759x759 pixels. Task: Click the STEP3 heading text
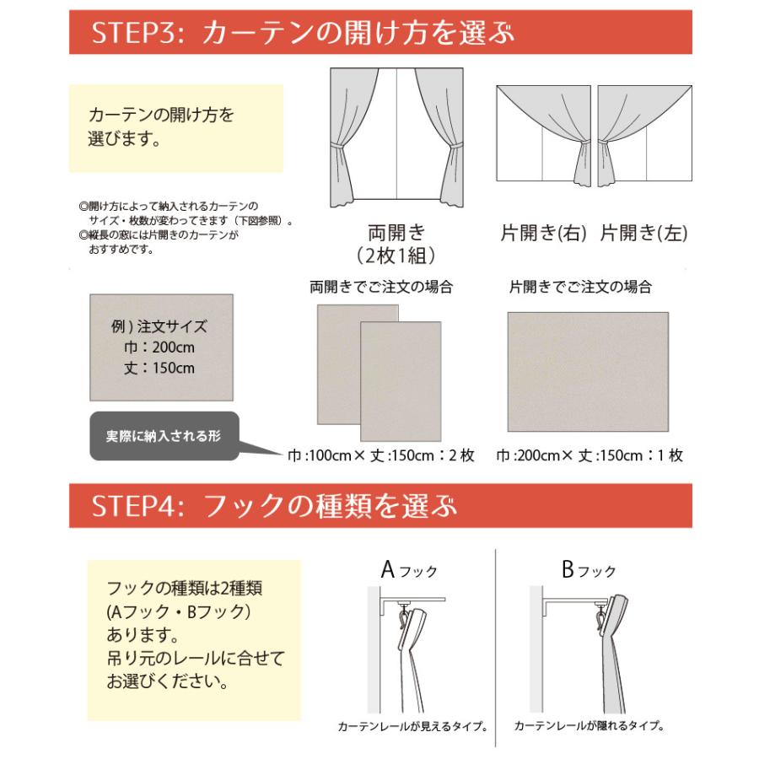(304, 34)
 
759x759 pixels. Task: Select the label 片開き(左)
(643, 234)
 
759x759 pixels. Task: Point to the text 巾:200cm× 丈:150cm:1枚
(589, 455)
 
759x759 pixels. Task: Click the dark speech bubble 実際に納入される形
(164, 437)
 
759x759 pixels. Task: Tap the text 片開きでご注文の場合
(580, 287)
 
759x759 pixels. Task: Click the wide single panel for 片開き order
(588, 371)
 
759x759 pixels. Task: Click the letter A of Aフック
(389, 570)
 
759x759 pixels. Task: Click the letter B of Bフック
(568, 570)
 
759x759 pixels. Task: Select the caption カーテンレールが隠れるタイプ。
(589, 725)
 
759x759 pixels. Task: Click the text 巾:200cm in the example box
(160, 347)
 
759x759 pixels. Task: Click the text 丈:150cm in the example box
(160, 368)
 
